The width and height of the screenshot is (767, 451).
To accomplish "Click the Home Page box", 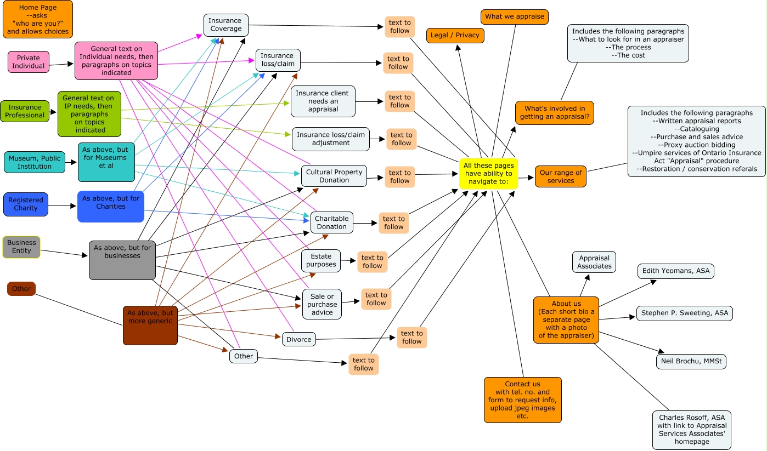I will [37, 19].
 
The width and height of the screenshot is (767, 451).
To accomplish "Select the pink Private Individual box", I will [28, 62].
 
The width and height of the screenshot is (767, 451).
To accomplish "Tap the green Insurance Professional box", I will [25, 111].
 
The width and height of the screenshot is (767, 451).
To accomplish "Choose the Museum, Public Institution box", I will [34, 162].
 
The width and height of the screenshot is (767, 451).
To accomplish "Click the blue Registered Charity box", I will [26, 204].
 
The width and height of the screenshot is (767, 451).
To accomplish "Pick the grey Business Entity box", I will [21, 247].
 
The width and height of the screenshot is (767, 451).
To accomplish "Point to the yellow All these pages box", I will [488, 173].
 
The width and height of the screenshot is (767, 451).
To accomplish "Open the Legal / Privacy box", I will [455, 35].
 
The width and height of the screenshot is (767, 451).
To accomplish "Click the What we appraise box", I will [514, 16].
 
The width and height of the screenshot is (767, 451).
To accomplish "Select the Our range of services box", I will [560, 176].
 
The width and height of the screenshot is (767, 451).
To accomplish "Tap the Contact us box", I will [522, 400].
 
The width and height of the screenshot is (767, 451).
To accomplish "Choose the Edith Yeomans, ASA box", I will [676, 271].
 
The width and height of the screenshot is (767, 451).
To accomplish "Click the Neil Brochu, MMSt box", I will [691, 361].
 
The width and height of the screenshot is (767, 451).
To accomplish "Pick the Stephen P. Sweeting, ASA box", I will [684, 313].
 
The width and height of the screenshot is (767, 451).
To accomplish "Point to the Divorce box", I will [298, 339].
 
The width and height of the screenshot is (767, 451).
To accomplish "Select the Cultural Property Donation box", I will [334, 176].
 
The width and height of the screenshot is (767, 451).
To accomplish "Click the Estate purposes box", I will [321, 260].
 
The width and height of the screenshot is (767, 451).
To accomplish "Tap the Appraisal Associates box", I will [594, 262].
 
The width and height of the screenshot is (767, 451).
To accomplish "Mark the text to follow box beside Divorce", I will [411, 337].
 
